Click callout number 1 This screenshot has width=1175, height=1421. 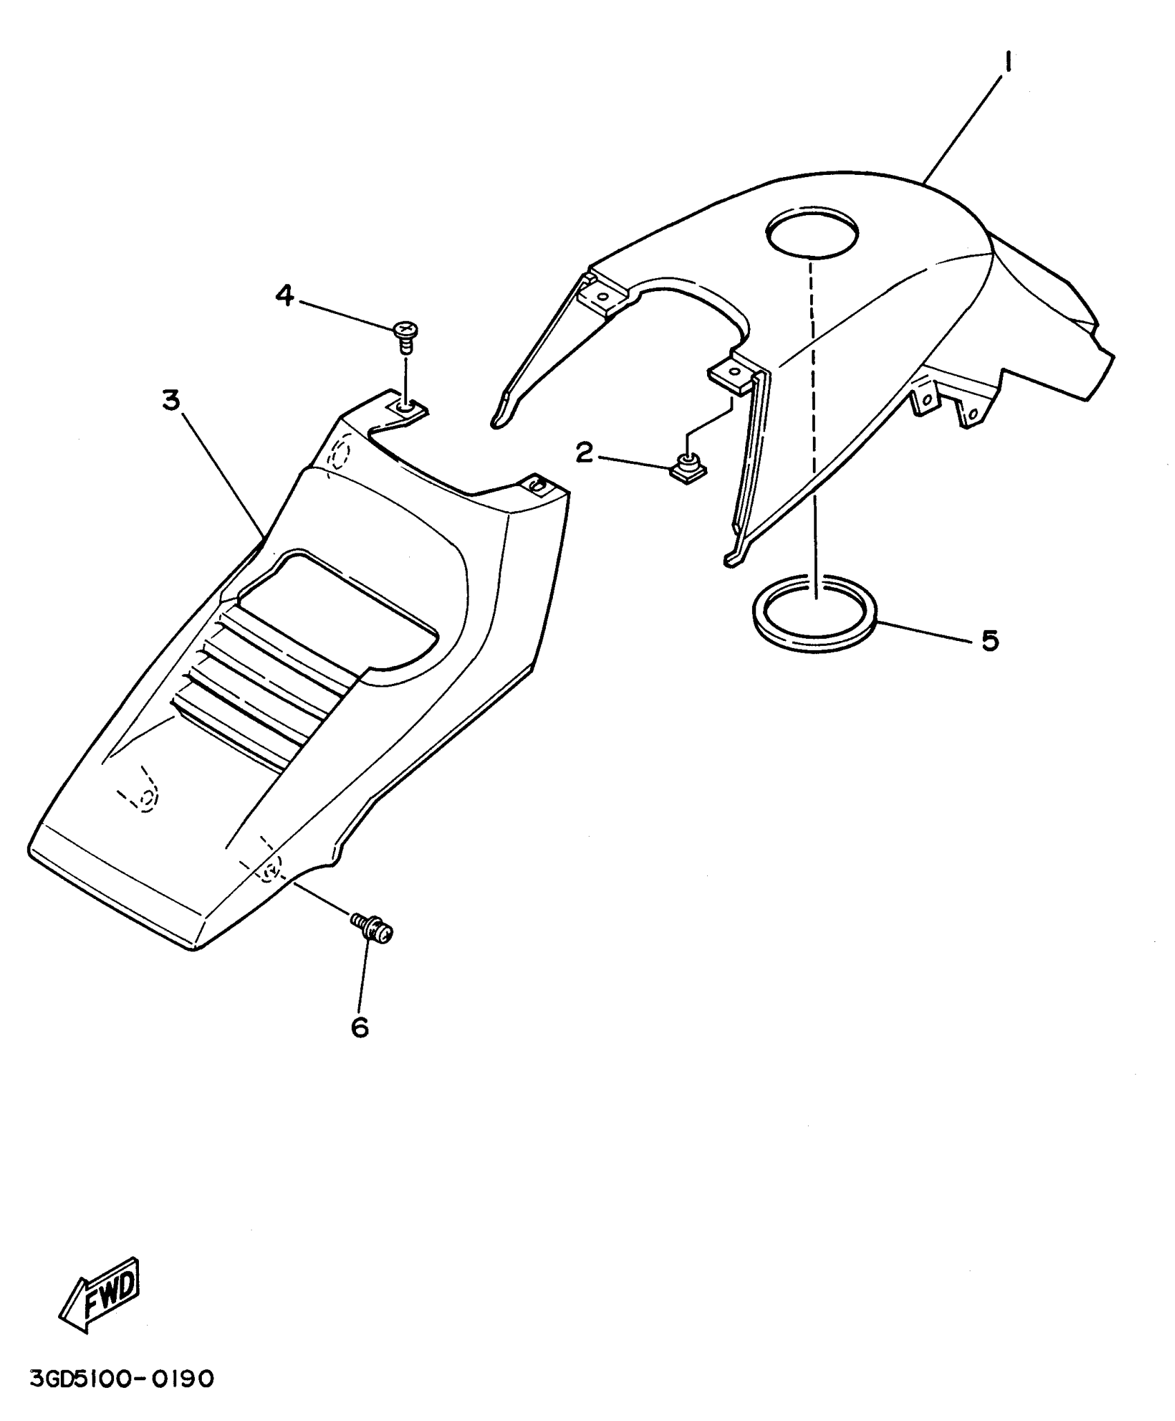click(1008, 64)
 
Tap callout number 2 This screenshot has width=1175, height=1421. click(585, 454)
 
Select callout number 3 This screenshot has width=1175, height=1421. click(171, 400)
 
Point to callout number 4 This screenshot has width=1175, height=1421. click(284, 296)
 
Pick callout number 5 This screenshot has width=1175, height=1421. click(990, 640)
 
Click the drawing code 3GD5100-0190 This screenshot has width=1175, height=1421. click(122, 1380)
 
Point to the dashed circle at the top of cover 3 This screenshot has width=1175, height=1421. click(341, 454)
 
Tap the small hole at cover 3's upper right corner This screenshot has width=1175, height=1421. click(535, 485)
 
